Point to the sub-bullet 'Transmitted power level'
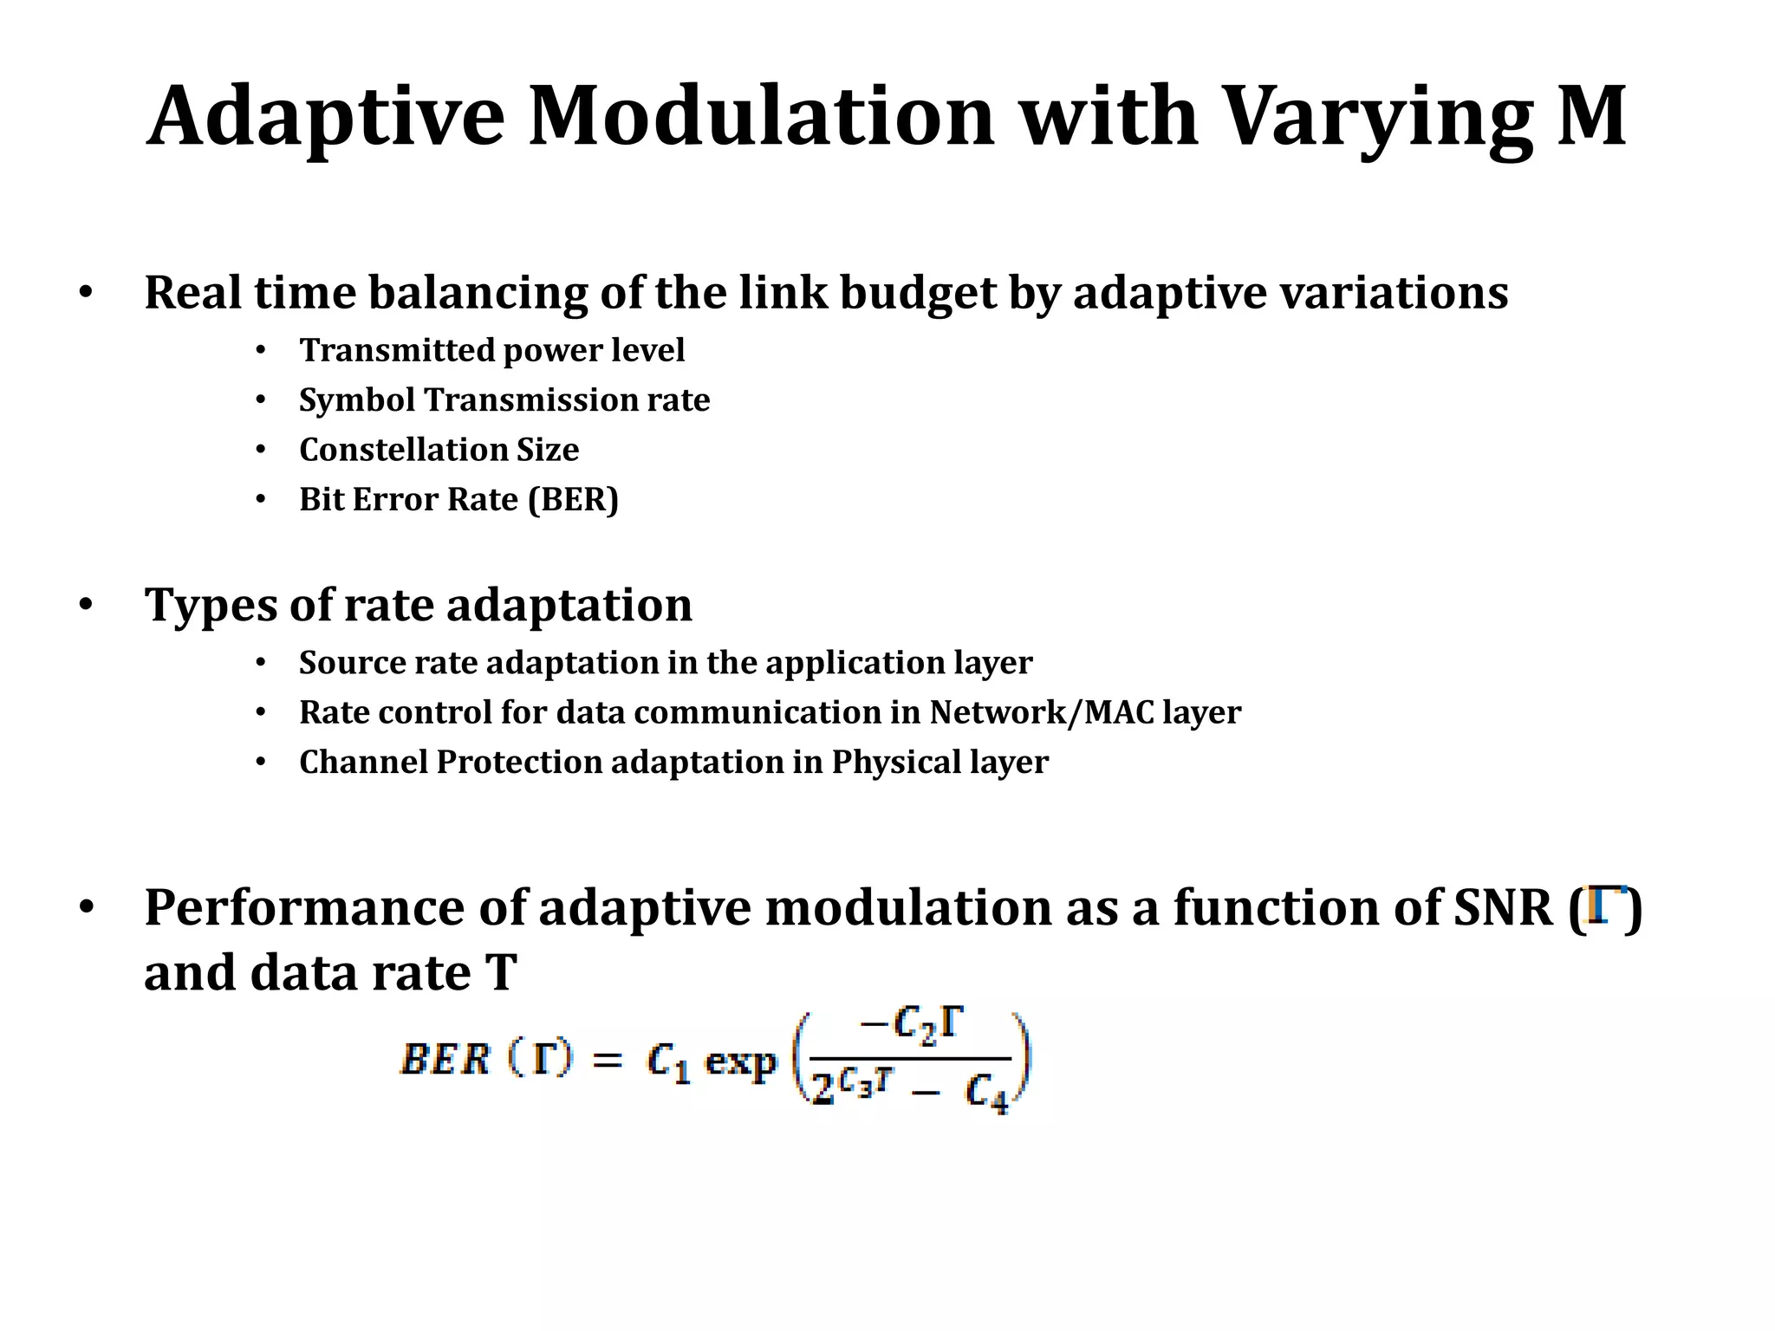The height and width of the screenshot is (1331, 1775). click(x=491, y=350)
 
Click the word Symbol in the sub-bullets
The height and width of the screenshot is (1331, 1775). click(x=356, y=400)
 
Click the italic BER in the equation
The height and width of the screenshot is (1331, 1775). click(x=445, y=1060)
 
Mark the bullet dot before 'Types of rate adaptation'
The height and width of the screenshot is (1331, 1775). click(x=85, y=605)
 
